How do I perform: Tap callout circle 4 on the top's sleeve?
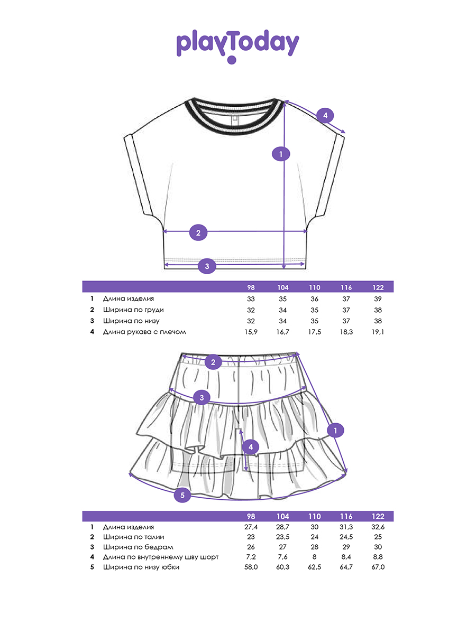click(x=325, y=115)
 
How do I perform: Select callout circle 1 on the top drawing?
click(x=281, y=154)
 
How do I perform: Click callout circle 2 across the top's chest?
click(x=198, y=232)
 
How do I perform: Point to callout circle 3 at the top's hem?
click(x=207, y=266)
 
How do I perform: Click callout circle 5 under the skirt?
click(x=182, y=495)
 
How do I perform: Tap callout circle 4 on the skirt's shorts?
click(x=251, y=447)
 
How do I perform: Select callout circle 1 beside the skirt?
click(x=335, y=431)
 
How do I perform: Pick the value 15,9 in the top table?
click(x=251, y=332)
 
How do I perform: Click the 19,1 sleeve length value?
click(x=378, y=332)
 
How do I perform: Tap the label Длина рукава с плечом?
click(x=144, y=332)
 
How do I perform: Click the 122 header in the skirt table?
click(x=378, y=516)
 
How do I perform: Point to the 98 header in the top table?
click(x=251, y=287)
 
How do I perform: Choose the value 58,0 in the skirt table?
click(x=251, y=567)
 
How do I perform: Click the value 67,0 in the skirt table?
click(x=378, y=567)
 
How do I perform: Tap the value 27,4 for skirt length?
click(x=251, y=527)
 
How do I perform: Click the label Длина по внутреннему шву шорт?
click(x=161, y=557)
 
